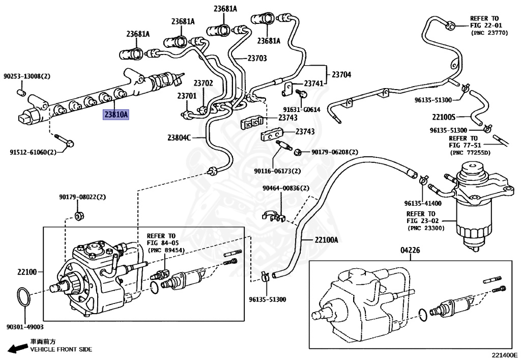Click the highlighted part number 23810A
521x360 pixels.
pos(116,115)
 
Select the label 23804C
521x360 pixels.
pos(179,137)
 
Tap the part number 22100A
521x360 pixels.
pos(326,239)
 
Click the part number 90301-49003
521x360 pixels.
pos(25,327)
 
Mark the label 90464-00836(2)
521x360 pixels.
pos(285,188)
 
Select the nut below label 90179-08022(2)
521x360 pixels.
pos(79,216)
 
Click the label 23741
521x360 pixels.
pos(314,83)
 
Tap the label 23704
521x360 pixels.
pos(341,74)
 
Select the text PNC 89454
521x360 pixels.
pos(165,251)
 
